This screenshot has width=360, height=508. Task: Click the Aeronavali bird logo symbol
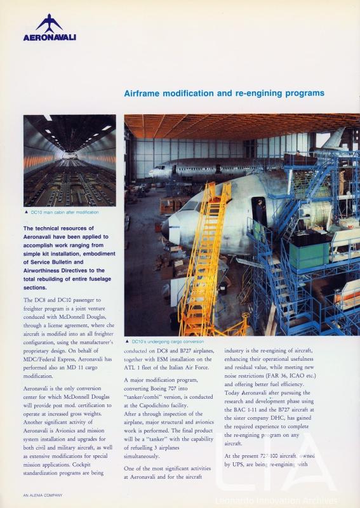coord(49,23)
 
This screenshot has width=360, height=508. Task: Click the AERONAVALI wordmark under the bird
coord(50,37)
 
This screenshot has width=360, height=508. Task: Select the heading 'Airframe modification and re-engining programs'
coord(224,93)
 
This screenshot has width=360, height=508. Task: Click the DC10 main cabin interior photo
coord(69,160)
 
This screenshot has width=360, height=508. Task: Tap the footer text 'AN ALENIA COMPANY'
coord(43,495)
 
